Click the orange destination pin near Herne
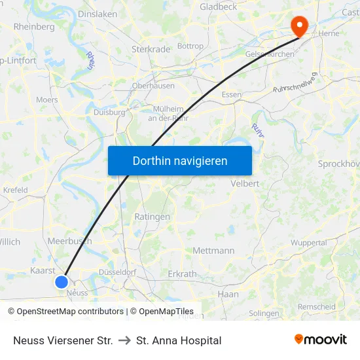300,26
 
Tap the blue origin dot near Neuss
61,281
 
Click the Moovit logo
321,340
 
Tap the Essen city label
232,95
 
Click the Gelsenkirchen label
269,54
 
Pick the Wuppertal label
308,243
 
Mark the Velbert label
245,184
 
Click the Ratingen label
152,217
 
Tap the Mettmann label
213,251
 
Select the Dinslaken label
97,13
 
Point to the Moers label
46,100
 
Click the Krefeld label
16,190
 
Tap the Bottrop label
190,46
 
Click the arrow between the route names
124,340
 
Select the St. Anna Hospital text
179,340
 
